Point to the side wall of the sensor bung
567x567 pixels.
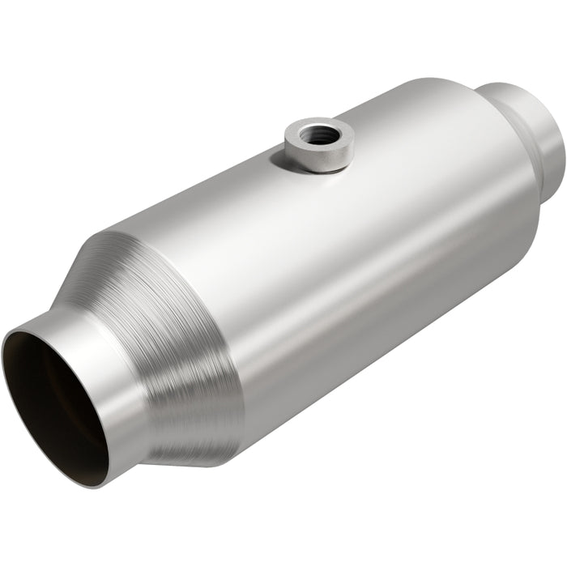[x=321, y=157]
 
